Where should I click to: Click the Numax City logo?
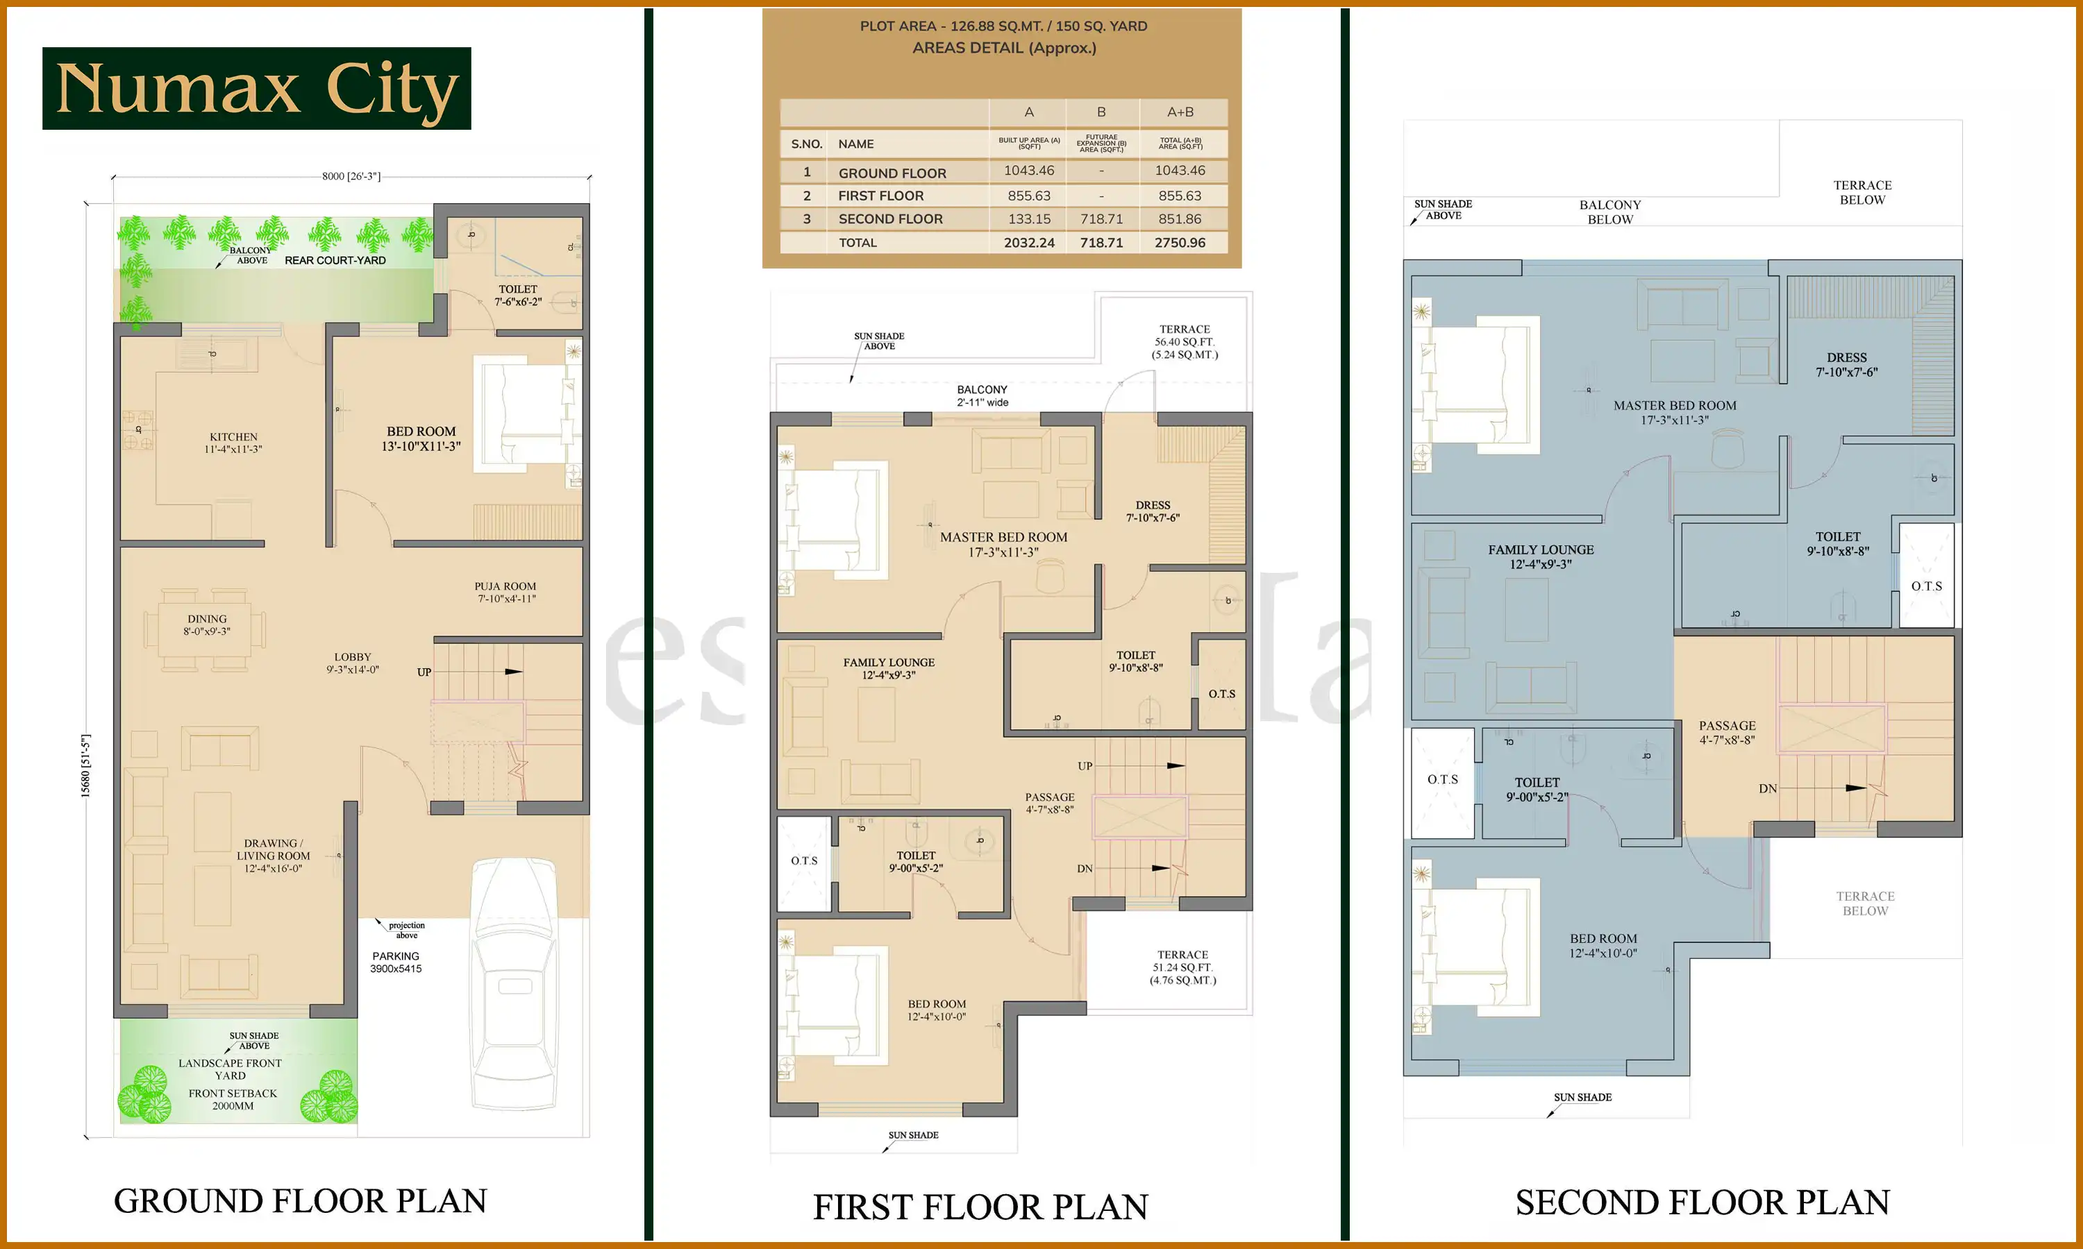(x=257, y=88)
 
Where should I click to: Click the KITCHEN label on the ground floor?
(x=233, y=443)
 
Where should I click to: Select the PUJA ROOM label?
(x=505, y=592)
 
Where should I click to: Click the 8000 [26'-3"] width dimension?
(x=351, y=176)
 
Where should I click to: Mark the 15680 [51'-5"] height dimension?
(x=85, y=765)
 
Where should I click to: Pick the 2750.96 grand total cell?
(x=1180, y=242)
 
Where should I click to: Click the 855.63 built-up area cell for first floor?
(x=1029, y=195)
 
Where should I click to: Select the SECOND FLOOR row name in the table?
(x=890, y=219)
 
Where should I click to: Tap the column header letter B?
(x=1101, y=112)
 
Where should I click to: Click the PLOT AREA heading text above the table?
(x=1003, y=26)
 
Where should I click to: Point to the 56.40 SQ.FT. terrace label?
(x=1184, y=341)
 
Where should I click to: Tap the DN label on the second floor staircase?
(x=1767, y=789)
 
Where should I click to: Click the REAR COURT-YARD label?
(x=335, y=260)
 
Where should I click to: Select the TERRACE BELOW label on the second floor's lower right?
(x=1865, y=903)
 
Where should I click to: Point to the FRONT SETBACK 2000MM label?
(x=233, y=1099)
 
